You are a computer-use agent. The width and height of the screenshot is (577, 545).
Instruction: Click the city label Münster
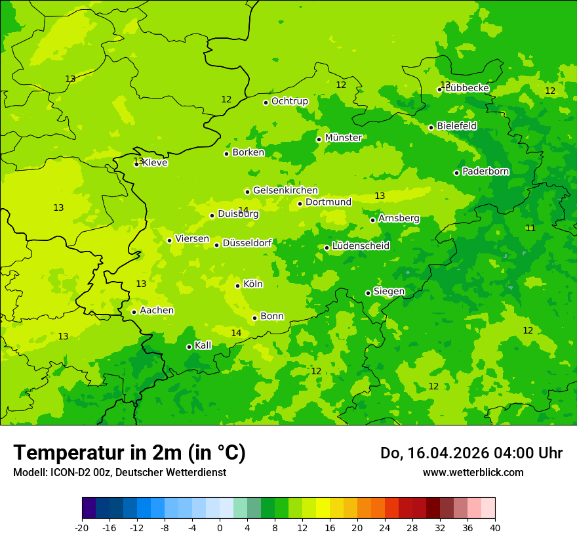343,138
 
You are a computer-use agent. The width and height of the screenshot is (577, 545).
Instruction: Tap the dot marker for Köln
237,286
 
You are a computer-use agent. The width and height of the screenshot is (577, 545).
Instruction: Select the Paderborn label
485,171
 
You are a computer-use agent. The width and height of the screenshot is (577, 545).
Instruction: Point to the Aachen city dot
134,312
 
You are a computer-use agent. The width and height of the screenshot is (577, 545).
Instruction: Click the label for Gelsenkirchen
285,190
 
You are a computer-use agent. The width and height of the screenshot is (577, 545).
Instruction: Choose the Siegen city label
389,292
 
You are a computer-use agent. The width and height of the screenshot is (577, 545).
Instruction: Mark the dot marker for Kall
189,347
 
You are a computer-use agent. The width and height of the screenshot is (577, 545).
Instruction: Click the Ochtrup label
289,101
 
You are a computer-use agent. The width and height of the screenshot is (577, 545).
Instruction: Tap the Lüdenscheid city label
361,246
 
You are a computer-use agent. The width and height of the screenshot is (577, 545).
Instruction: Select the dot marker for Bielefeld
431,127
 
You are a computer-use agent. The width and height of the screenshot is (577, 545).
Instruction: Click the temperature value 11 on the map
530,228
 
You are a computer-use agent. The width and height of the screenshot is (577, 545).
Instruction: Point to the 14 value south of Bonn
236,333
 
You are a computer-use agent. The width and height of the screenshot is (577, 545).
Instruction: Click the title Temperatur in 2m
129,453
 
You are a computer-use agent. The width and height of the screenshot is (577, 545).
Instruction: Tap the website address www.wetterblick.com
473,473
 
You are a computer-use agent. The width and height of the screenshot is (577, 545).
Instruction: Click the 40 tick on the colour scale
495,527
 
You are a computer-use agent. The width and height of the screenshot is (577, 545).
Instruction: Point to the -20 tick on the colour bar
82,527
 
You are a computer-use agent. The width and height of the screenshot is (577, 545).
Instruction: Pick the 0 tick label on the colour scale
220,527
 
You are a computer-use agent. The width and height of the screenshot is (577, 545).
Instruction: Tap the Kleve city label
155,163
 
